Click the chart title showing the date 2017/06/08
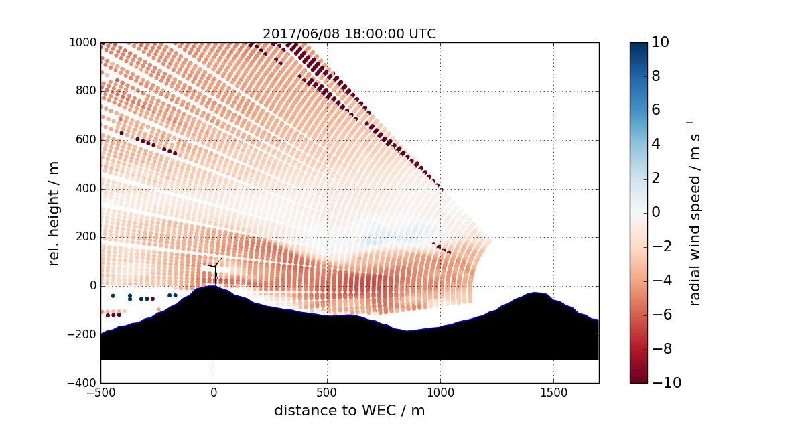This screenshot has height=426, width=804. point(349,34)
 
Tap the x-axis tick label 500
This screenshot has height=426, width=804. point(327,392)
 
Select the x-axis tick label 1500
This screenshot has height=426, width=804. point(553,392)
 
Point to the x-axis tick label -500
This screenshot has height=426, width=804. point(100,392)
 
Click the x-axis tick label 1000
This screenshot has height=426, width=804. point(440,392)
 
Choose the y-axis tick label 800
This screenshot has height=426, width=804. point(85,91)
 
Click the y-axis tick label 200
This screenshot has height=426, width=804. point(85,237)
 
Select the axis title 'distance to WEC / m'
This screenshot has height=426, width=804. point(349,410)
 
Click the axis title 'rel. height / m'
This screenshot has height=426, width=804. point(54,213)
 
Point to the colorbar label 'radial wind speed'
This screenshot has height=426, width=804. point(695,213)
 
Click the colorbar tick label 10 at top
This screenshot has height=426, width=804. point(661,42)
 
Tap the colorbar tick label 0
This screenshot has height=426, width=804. point(657,212)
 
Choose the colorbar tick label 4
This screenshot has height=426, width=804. point(657,144)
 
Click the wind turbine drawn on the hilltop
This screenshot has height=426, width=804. point(215,272)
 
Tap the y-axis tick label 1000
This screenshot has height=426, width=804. point(82,42)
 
